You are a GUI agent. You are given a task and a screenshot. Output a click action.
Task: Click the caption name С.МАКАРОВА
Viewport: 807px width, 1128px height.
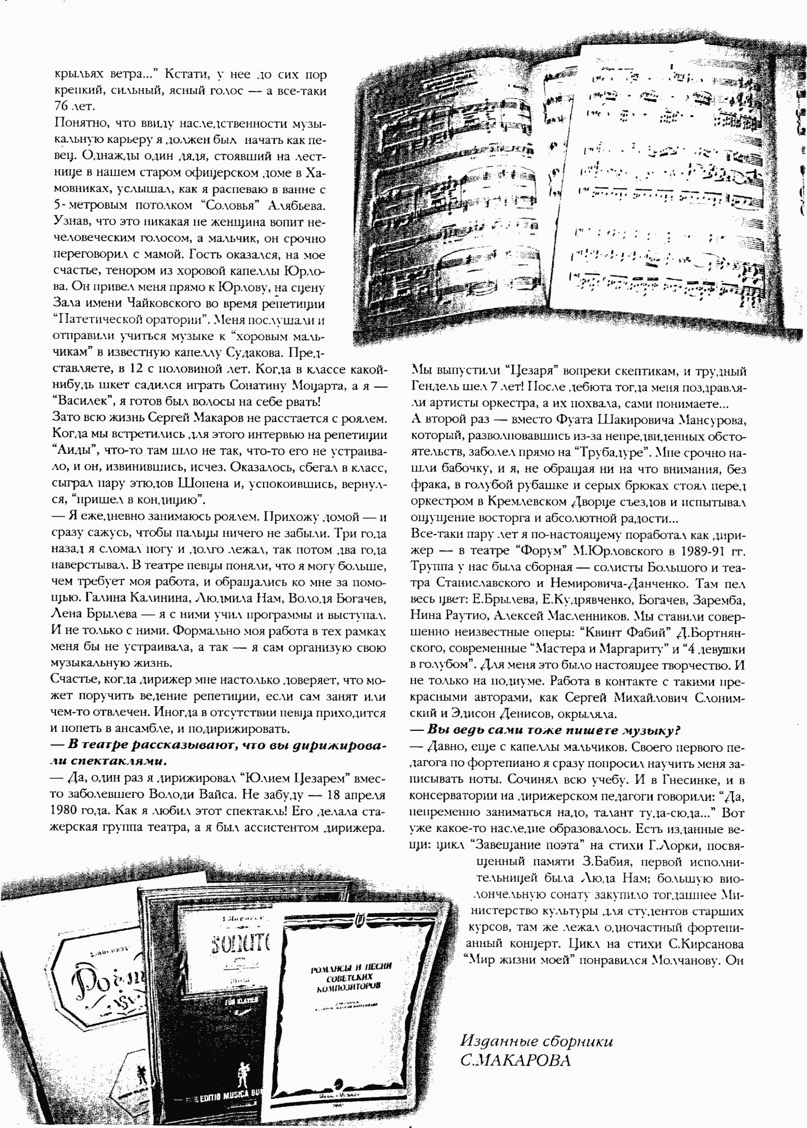pyautogui.click(x=515, y=1061)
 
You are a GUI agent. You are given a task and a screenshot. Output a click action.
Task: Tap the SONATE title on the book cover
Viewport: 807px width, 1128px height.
pyautogui.click(x=240, y=941)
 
